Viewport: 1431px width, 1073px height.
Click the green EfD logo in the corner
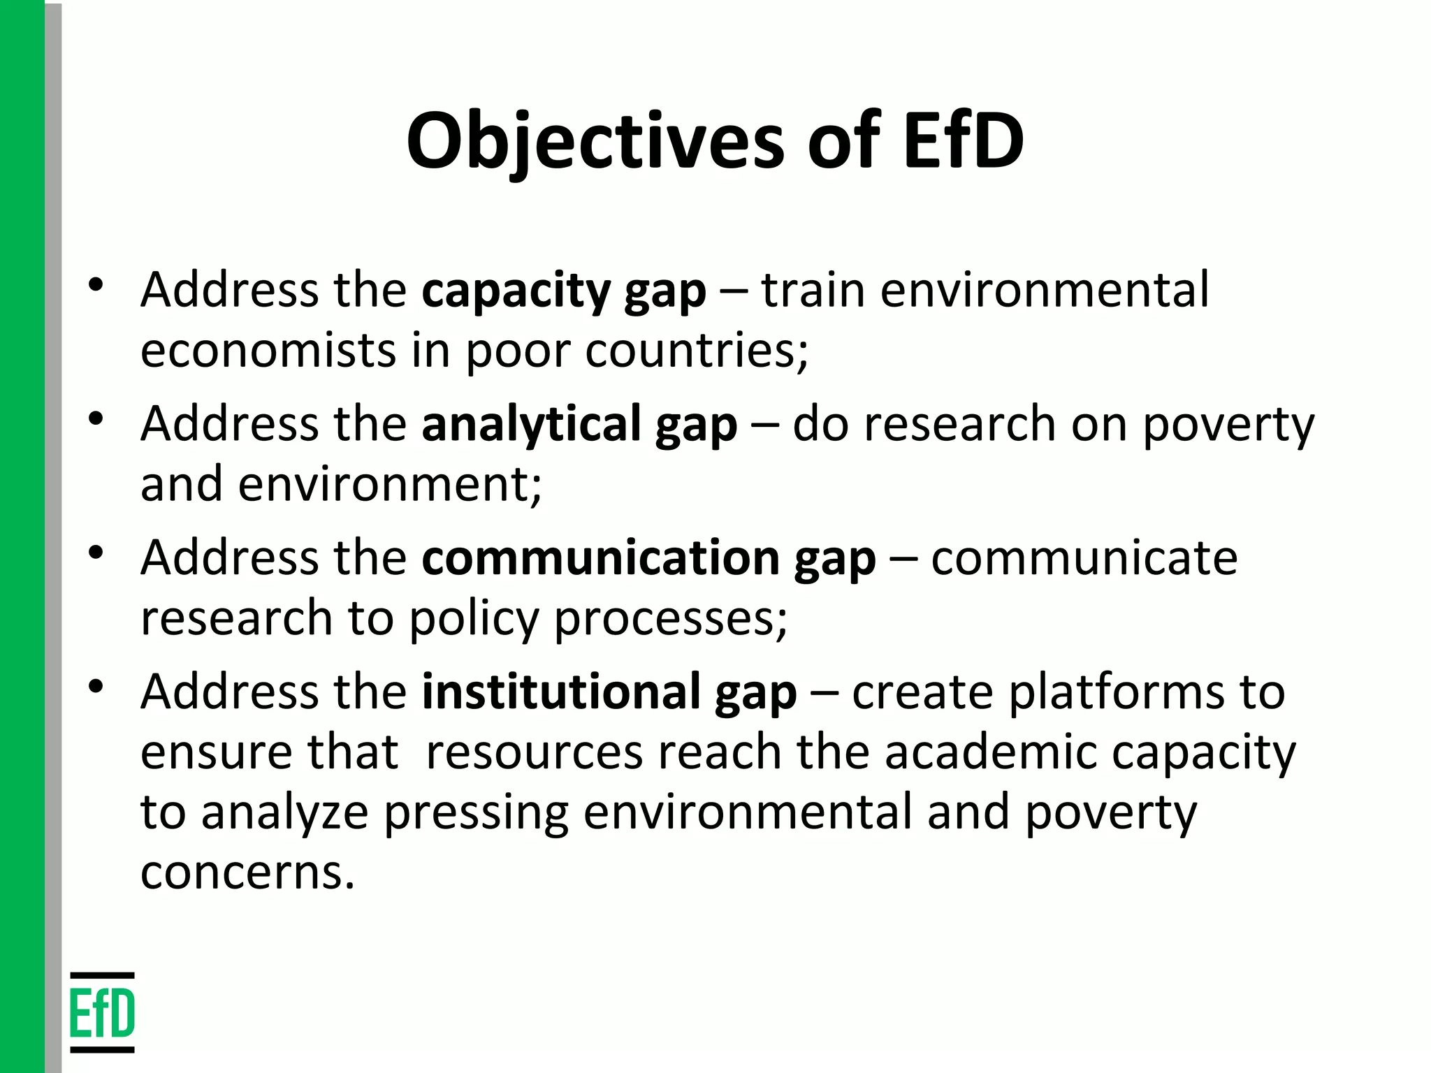[102, 1012]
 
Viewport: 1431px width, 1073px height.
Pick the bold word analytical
[531, 425]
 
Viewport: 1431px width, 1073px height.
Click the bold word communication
[600, 559]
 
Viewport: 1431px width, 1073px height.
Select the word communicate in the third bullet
[1084, 559]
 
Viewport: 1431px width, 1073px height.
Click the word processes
[670, 619]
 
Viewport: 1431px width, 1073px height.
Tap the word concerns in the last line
[247, 873]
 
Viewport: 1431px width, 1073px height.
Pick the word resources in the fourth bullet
[533, 753]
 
